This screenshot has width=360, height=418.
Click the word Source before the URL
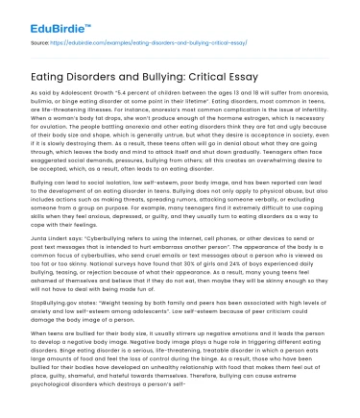[39, 44]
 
